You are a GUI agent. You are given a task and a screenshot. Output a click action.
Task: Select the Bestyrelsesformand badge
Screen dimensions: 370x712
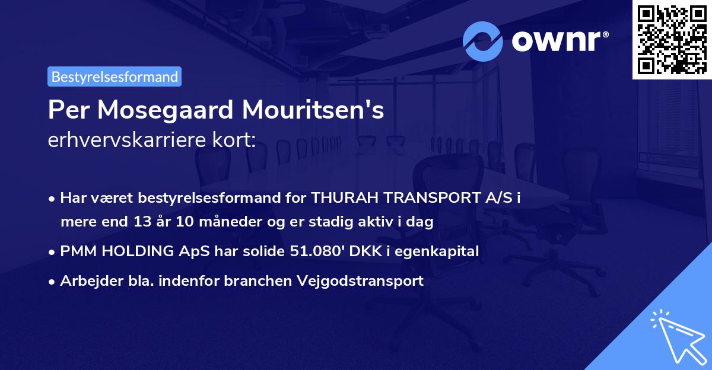(x=115, y=76)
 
